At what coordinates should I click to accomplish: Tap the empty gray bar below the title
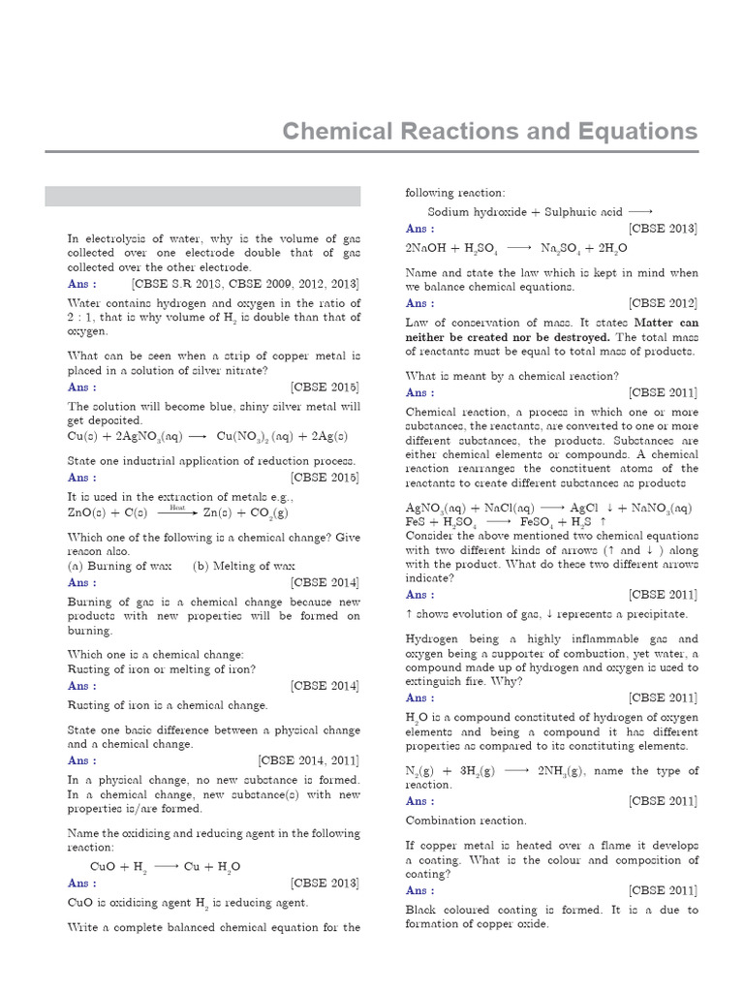[x=203, y=197]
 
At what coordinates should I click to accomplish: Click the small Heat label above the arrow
[x=177, y=507]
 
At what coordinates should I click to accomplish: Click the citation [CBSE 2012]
[x=663, y=303]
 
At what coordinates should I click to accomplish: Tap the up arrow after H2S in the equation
[x=604, y=522]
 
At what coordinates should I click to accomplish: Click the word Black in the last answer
[x=422, y=910]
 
